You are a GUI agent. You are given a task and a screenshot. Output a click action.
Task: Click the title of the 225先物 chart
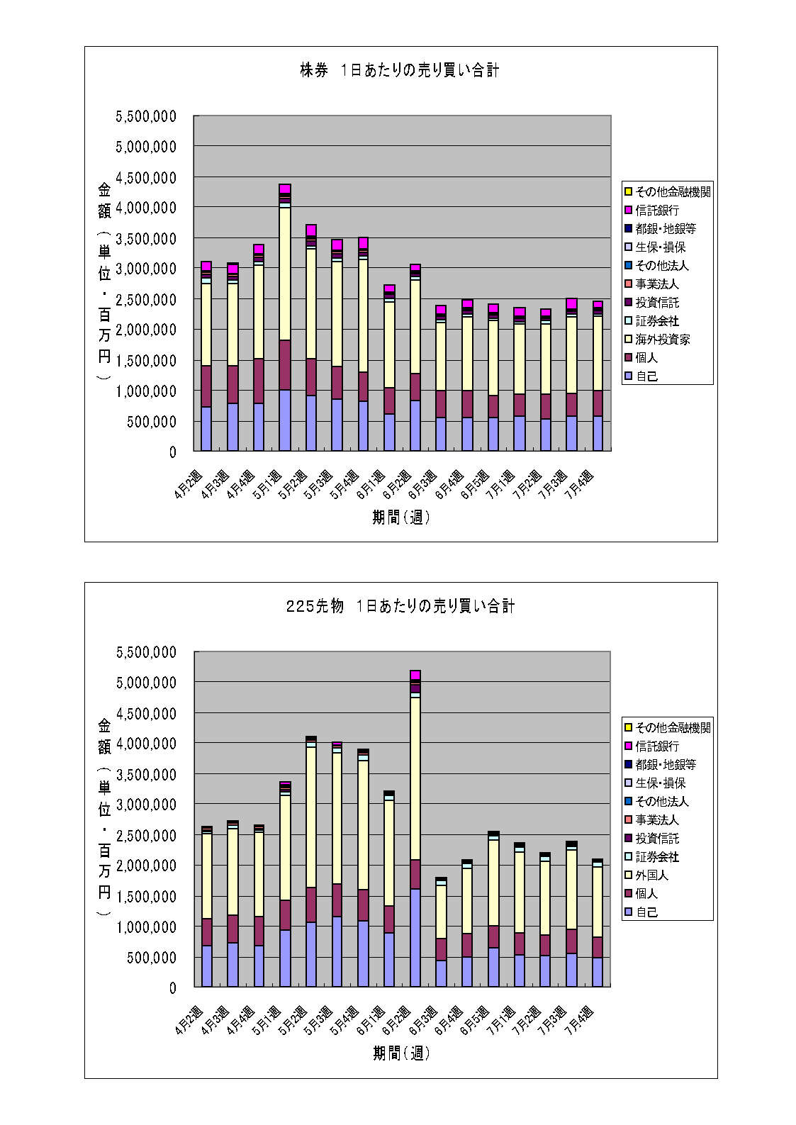coord(400,606)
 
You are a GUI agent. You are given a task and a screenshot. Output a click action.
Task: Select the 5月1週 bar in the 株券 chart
coord(285,319)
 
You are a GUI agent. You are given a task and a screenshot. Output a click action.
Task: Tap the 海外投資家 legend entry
coord(662,340)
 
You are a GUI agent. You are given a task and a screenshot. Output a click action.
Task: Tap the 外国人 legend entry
coord(651,875)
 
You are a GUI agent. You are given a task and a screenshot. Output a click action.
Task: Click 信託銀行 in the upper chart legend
coord(657,211)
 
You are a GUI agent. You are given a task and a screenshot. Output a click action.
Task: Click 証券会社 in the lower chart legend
coord(657,857)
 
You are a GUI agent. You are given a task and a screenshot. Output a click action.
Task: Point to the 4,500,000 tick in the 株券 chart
coord(146,177)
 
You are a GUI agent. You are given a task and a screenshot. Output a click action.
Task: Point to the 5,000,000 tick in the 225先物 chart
coord(146,683)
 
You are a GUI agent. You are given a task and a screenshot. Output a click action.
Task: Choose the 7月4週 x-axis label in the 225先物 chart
coord(581,1021)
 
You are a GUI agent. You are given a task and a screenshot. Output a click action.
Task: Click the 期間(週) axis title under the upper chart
coord(401,517)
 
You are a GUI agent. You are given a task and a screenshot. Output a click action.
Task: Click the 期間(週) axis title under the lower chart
coord(401,1053)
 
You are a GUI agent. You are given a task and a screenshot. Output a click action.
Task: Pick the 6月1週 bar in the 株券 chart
coord(389,369)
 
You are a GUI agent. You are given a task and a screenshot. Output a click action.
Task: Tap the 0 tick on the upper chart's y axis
coord(172,452)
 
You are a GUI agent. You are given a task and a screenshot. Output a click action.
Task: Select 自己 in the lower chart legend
coord(646,912)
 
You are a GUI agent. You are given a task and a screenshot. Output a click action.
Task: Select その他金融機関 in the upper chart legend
coord(673,192)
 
